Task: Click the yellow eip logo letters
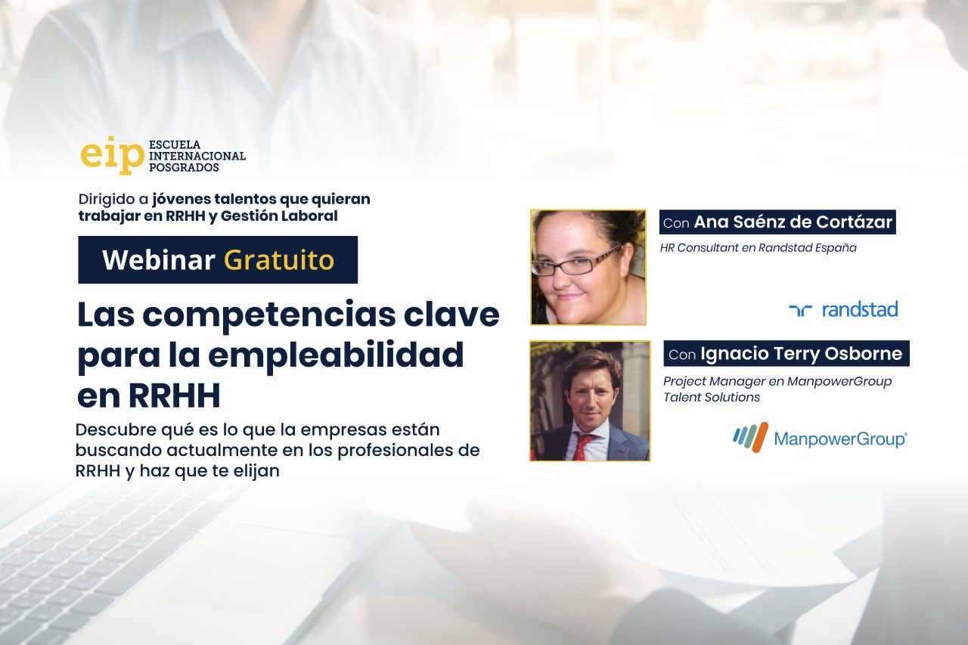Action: pyautogui.click(x=113, y=155)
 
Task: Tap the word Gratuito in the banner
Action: pyautogui.click(x=279, y=261)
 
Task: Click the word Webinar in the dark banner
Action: pyautogui.click(x=159, y=259)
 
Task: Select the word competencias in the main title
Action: pyautogui.click(x=268, y=316)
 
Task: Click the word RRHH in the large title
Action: pyautogui.click(x=175, y=395)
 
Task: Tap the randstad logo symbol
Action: pyautogui.click(x=800, y=310)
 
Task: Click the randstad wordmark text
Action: pyautogui.click(x=860, y=309)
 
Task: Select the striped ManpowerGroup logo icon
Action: pyautogui.click(x=751, y=437)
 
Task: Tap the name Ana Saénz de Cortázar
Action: pyautogui.click(x=793, y=222)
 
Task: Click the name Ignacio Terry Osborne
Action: pyautogui.click(x=801, y=354)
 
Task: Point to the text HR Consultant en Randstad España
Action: pyautogui.click(x=758, y=248)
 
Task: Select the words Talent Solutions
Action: pyautogui.click(x=712, y=398)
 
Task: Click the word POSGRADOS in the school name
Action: pyautogui.click(x=184, y=168)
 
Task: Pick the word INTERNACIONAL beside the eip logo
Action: pyautogui.click(x=197, y=156)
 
